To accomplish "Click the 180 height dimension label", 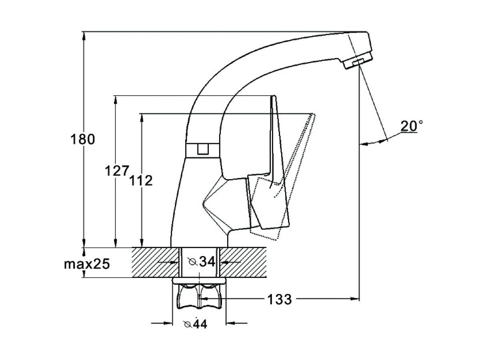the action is pos(82,139).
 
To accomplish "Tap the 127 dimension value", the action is pos(117,171).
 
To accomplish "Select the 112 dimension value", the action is pos(141,180).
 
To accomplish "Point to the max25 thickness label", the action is pos(87,264).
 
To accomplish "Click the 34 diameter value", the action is pos(207,262).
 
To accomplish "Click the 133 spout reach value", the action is pos(280,299).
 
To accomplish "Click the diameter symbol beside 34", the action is pos(193,262).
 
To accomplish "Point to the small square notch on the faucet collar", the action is pos(203,149).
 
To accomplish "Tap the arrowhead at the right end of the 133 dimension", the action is pos(354,298).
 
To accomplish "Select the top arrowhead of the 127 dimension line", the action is pos(116,100).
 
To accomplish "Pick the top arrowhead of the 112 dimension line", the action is pos(142,118).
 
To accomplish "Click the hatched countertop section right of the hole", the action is pos(243,262).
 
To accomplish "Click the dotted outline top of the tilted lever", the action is pos(313,114).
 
